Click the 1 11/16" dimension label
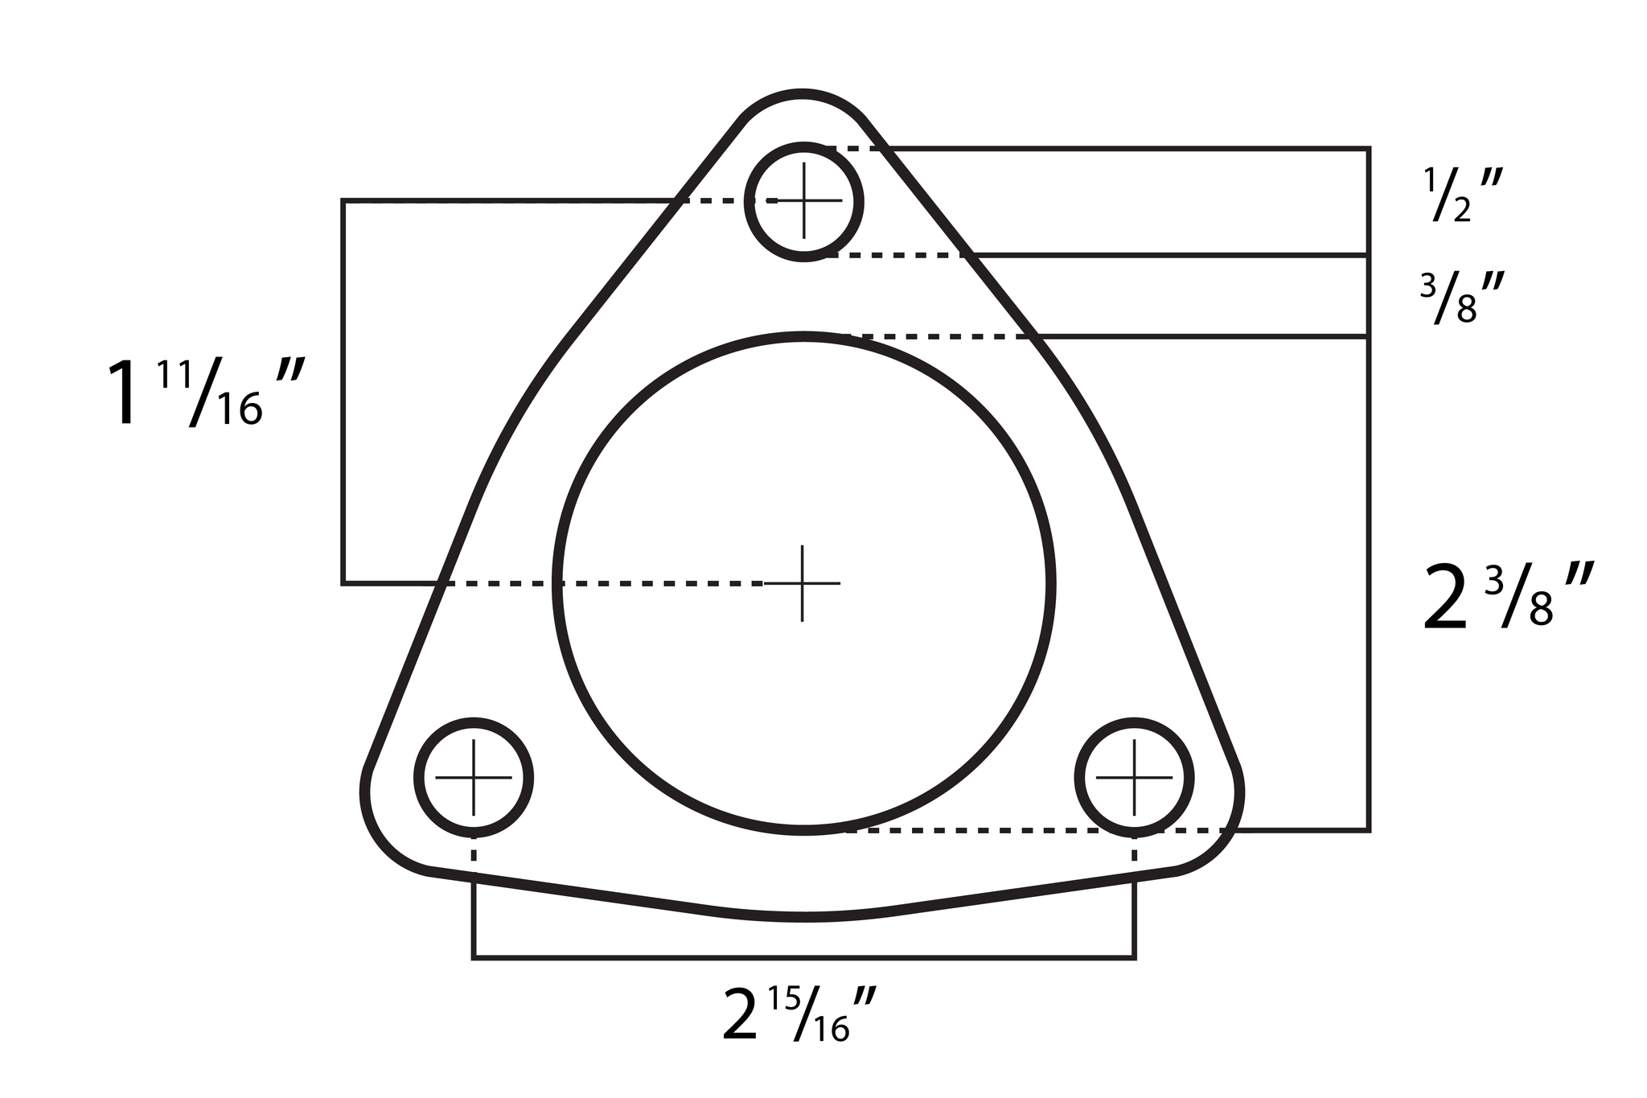205,393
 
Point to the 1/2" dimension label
1457,195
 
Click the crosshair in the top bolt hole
804,200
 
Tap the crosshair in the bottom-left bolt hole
474,777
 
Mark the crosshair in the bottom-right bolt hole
1134,777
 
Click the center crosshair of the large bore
803,583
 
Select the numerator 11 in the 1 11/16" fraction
173,376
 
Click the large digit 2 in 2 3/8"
1445,599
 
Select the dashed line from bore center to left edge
603,583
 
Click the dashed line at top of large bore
941,336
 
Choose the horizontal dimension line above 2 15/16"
804,957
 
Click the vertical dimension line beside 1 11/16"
343,392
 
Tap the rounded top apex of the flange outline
803,96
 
